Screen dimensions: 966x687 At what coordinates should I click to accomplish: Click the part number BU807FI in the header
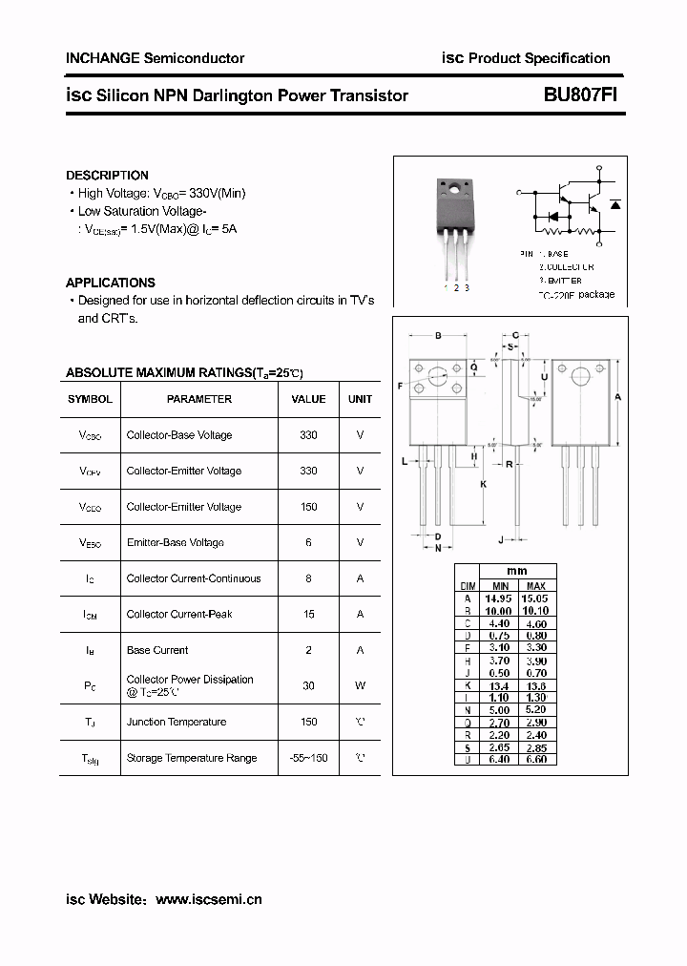click(x=571, y=95)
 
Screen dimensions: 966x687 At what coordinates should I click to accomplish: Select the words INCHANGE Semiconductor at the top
click(x=155, y=58)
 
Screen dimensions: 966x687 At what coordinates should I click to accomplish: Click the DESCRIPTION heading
click(x=107, y=176)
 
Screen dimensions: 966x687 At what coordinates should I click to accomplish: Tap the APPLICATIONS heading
click(x=110, y=283)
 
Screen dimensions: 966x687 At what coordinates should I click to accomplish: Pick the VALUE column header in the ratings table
click(x=308, y=399)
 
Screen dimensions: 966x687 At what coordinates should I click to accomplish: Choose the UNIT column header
click(x=360, y=399)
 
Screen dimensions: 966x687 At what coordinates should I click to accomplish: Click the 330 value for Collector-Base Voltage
click(x=308, y=435)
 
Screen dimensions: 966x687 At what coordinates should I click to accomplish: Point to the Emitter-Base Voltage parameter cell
click(x=176, y=542)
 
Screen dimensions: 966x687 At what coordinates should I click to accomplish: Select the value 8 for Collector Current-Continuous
click(x=308, y=578)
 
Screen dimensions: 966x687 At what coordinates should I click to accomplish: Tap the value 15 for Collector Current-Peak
click(x=308, y=614)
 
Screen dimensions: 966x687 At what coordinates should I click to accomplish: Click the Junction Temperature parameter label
click(x=177, y=722)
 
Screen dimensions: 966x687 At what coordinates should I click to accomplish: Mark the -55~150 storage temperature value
click(x=308, y=758)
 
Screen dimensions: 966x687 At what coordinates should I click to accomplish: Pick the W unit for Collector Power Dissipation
click(x=360, y=685)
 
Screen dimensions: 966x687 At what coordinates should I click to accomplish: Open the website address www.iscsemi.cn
click(x=208, y=899)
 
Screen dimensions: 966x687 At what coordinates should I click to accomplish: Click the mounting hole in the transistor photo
click(x=453, y=188)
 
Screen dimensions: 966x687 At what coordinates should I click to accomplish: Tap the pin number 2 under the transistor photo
click(x=456, y=287)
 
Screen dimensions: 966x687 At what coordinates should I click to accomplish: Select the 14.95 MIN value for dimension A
click(x=500, y=598)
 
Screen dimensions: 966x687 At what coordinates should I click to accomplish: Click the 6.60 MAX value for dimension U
click(x=536, y=760)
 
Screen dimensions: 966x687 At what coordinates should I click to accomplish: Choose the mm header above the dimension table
click(x=516, y=572)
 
